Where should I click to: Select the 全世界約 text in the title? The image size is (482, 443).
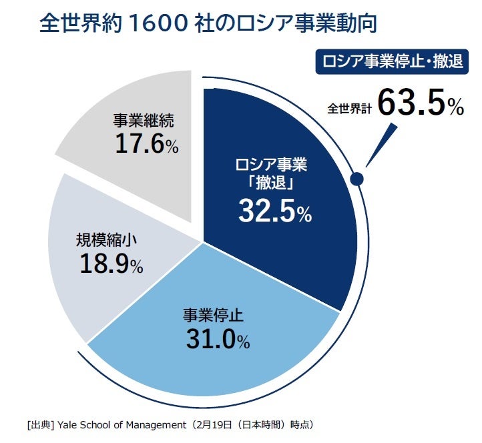click(79, 24)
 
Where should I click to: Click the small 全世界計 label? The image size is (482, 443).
click(348, 109)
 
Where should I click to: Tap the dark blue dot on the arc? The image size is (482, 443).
click(356, 179)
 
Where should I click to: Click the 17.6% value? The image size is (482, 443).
click(146, 144)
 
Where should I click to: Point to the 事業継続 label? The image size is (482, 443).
click(143, 121)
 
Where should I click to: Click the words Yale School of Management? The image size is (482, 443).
click(119, 424)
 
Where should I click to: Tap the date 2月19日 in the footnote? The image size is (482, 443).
click(216, 424)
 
